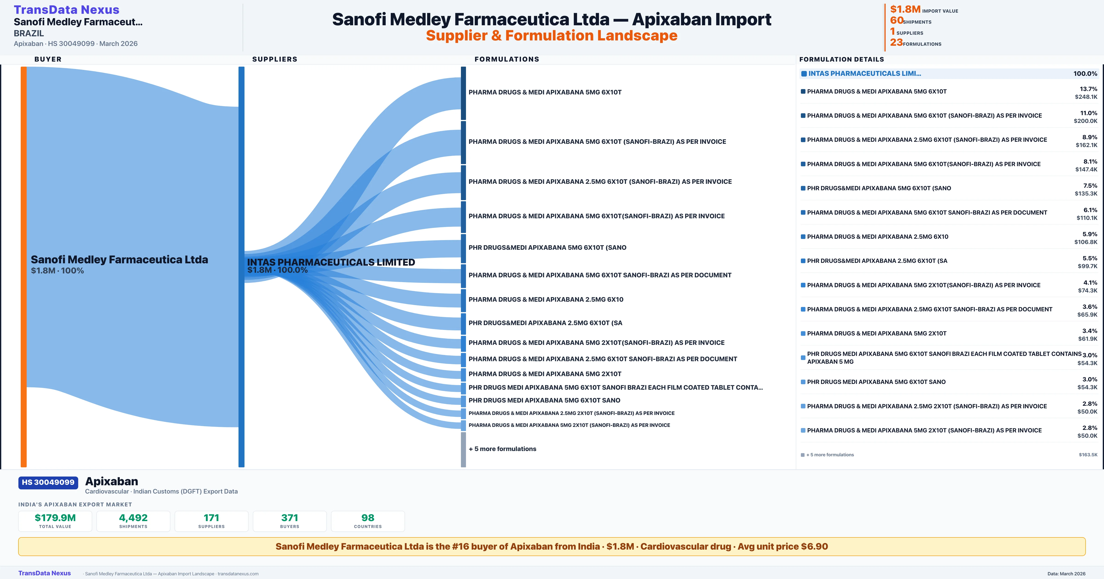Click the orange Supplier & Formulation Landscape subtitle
click(x=552, y=36)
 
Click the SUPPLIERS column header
click(x=275, y=59)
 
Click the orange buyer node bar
click(x=23, y=266)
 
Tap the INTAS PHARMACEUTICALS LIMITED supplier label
click(x=331, y=262)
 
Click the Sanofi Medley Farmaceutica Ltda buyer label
click(x=119, y=260)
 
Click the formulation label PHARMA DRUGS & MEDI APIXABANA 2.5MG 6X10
click(x=546, y=299)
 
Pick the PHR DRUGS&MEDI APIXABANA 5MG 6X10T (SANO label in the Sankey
click(x=547, y=247)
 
